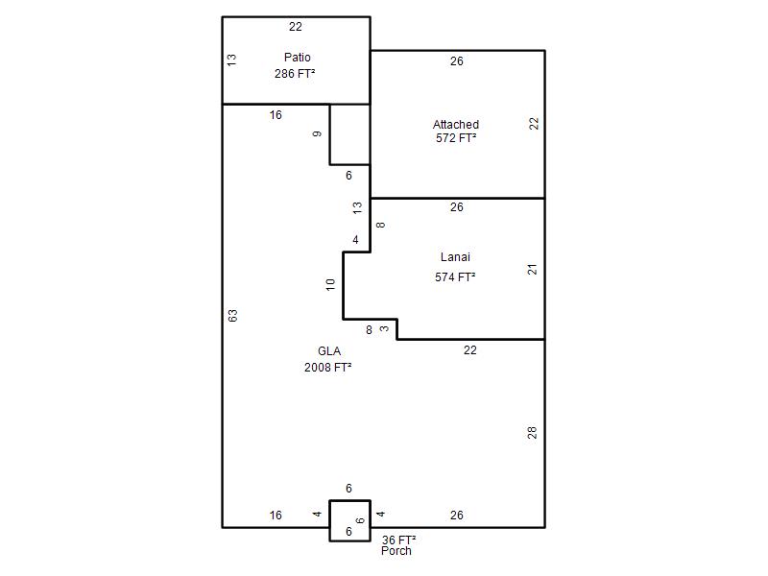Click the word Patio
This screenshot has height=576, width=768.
298,58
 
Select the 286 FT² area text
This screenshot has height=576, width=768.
295,74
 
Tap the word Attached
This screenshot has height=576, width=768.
455,125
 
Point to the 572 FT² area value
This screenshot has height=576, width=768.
456,138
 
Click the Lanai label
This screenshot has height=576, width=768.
455,257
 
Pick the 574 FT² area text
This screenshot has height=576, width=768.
455,277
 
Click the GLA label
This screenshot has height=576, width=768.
329,351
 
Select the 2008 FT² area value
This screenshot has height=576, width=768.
328,368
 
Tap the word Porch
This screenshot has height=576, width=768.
396,551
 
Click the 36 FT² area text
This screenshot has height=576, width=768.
399,540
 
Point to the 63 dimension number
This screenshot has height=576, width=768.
233,316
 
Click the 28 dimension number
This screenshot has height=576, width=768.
533,433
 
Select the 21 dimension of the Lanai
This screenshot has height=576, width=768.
533,270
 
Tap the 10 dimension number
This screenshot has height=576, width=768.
330,284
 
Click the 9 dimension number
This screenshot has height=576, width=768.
318,133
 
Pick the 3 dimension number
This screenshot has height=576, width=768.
385,328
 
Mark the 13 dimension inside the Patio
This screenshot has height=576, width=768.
232,60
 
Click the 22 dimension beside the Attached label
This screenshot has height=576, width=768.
534,124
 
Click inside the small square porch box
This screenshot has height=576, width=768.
349,520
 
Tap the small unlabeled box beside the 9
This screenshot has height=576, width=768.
349,134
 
